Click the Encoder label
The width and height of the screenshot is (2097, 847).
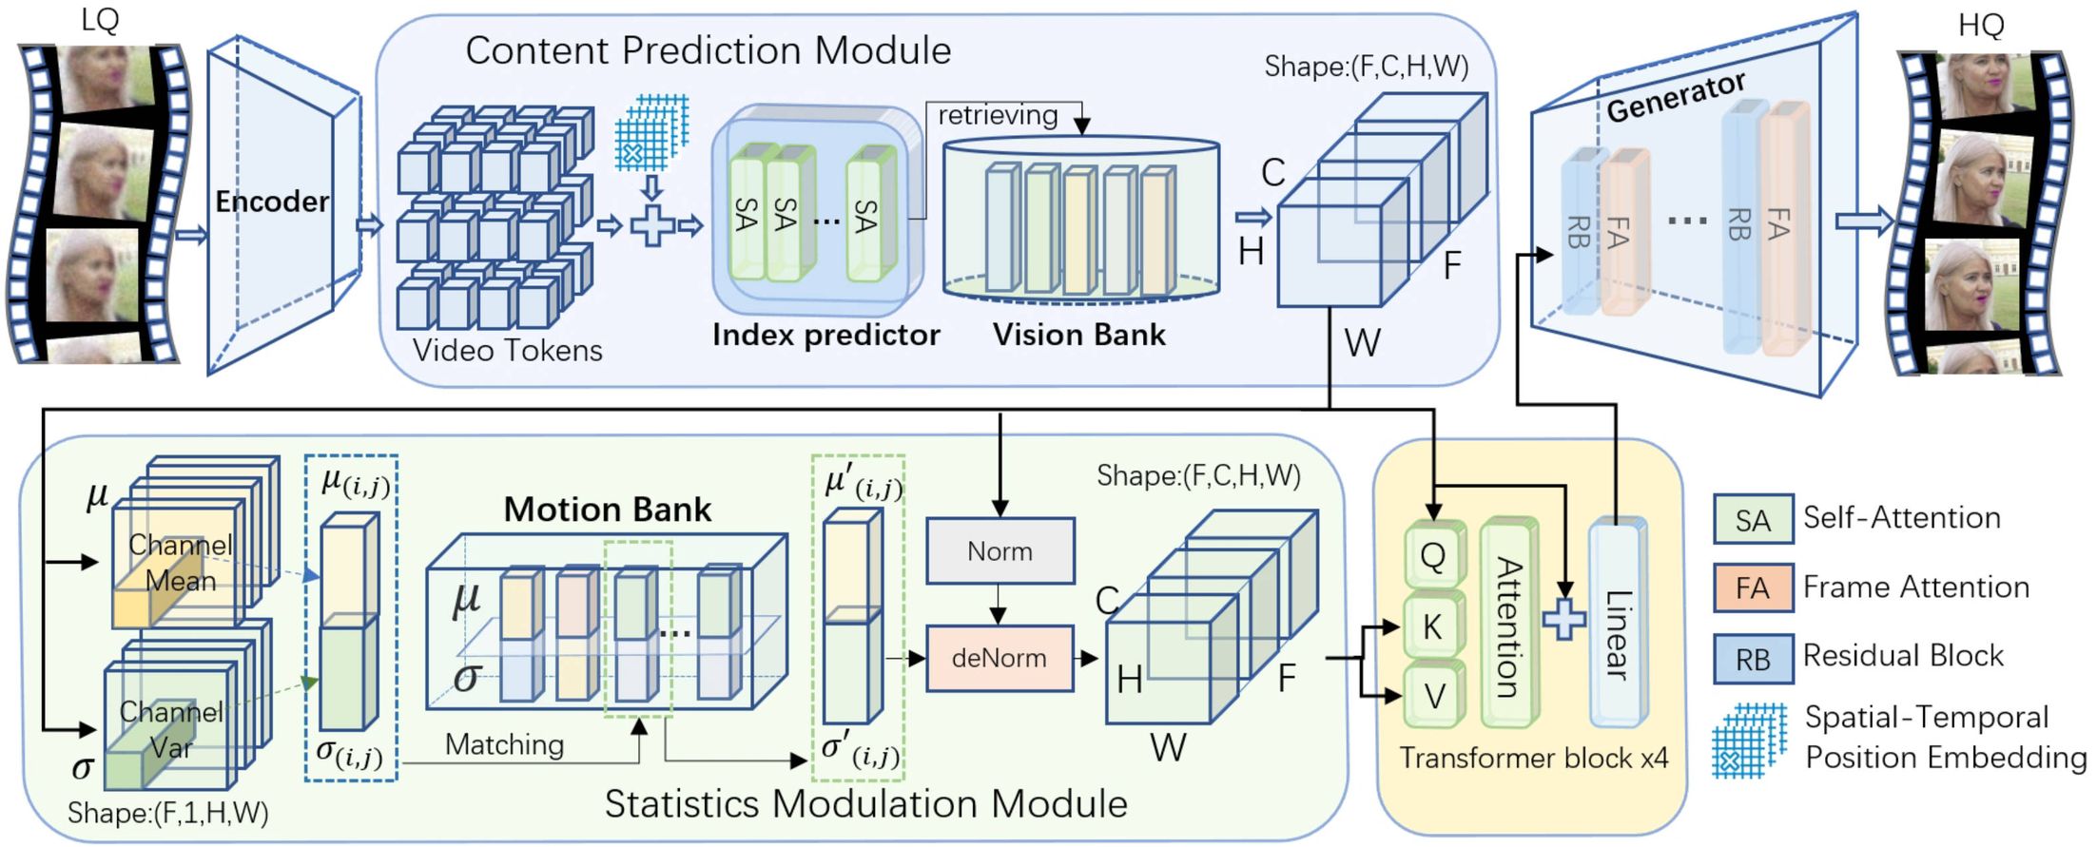coord(271,202)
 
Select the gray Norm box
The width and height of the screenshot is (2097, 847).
coord(1000,551)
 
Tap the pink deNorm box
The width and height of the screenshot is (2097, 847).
coord(1000,658)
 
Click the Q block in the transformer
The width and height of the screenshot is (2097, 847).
coord(1433,555)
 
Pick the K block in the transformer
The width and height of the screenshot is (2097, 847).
coord(1433,626)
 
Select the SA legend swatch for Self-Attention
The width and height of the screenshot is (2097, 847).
coord(1753,520)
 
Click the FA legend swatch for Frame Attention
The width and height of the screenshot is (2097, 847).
coord(1753,588)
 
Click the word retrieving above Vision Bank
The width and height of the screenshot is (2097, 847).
coord(998,115)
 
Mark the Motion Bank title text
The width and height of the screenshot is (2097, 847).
coord(607,510)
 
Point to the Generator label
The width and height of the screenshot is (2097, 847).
coord(1676,97)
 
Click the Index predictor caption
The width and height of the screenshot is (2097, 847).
coord(825,335)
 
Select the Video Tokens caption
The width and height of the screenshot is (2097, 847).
coord(507,351)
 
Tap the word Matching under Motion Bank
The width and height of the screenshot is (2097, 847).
coord(504,744)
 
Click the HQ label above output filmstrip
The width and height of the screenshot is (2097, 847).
coord(1981,25)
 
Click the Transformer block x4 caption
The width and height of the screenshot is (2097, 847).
coord(1533,759)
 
